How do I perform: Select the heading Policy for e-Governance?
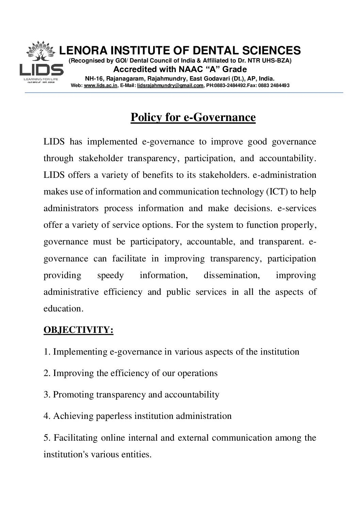(x=193, y=117)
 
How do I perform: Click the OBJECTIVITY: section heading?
(x=78, y=330)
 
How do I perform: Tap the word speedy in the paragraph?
(x=110, y=275)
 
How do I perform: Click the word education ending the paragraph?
(x=62, y=308)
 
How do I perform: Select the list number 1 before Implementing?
(x=46, y=352)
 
